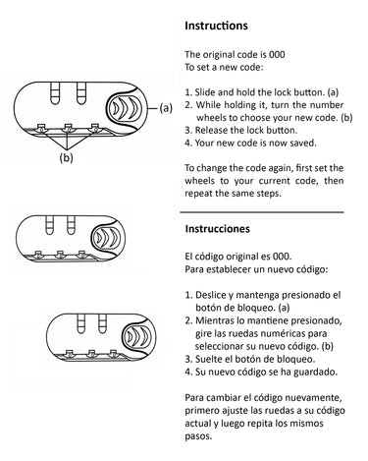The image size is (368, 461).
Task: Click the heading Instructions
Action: pos(216,26)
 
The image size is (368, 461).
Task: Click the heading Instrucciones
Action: pos(218,228)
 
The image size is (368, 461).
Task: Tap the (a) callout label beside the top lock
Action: pos(166,108)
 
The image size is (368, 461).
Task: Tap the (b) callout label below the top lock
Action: pos(66,158)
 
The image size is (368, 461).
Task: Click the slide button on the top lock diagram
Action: pos(124,108)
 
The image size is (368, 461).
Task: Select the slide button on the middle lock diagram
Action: pos(107,238)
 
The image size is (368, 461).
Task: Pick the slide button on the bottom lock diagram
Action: pos(137,336)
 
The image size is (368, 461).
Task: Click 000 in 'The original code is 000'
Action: pos(277,54)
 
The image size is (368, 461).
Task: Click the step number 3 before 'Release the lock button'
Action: pos(187,131)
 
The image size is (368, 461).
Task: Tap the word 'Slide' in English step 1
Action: pos(205,92)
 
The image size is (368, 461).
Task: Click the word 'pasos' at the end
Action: pos(197,436)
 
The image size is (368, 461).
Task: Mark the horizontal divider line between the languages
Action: pos(262,212)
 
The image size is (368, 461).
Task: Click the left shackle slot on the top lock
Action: pos(55,92)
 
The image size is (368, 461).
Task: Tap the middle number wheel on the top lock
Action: pos(68,128)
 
